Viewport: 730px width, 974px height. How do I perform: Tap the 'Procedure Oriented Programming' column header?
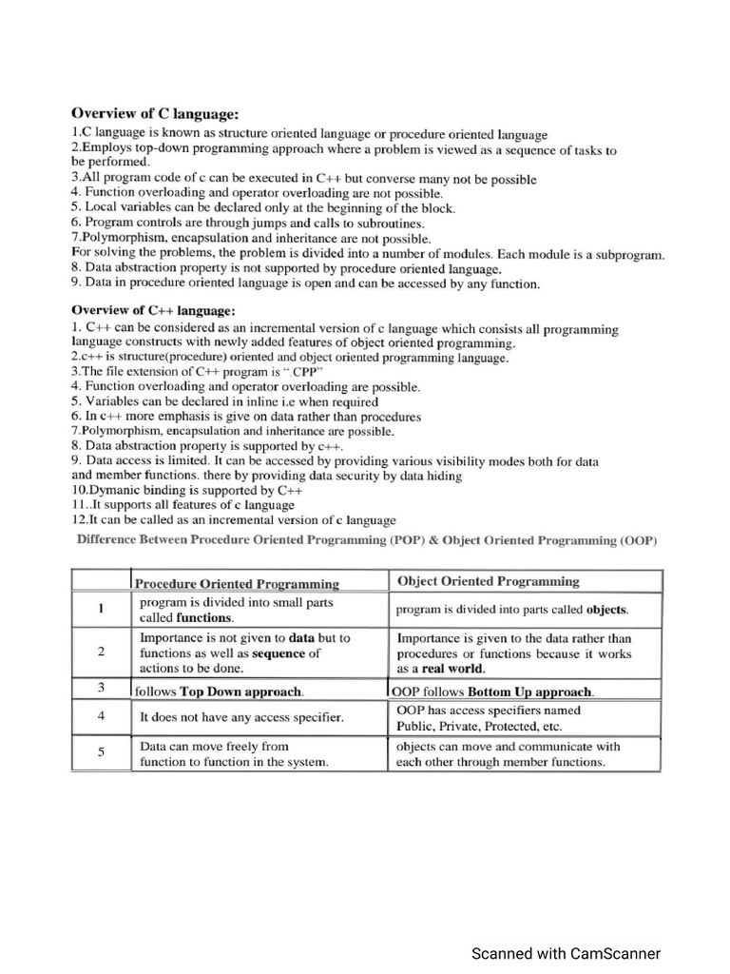(237, 583)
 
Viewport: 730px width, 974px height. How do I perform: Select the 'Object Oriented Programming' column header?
(488, 581)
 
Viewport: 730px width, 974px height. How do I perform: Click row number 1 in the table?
(101, 610)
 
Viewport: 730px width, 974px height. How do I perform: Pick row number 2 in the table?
(101, 653)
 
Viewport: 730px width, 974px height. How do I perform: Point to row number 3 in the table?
(101, 687)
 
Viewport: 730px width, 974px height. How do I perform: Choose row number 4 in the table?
(101, 716)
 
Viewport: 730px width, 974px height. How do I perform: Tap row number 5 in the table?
(101, 753)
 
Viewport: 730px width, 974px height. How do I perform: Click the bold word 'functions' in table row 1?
(204, 617)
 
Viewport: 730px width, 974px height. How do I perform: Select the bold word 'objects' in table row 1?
(607, 610)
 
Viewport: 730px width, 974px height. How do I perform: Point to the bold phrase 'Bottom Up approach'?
(530, 692)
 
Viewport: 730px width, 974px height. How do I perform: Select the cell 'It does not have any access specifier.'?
(241, 717)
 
